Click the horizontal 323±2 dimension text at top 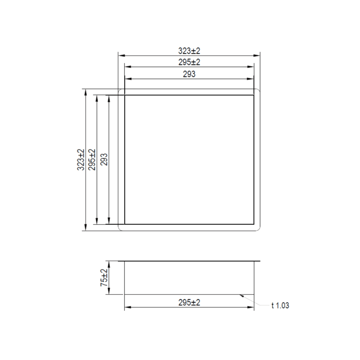(x=189, y=51)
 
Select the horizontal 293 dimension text (x=189, y=74)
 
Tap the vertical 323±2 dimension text (x=81, y=160)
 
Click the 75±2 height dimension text (x=104, y=278)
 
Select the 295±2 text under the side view (x=189, y=303)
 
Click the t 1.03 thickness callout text (x=280, y=306)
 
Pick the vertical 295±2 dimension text (x=92, y=160)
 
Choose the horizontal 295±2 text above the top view (x=189, y=62)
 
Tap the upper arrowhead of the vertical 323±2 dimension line (x=85, y=91)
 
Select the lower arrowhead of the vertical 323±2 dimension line (x=85, y=228)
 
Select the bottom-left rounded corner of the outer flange (x=120, y=229)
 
